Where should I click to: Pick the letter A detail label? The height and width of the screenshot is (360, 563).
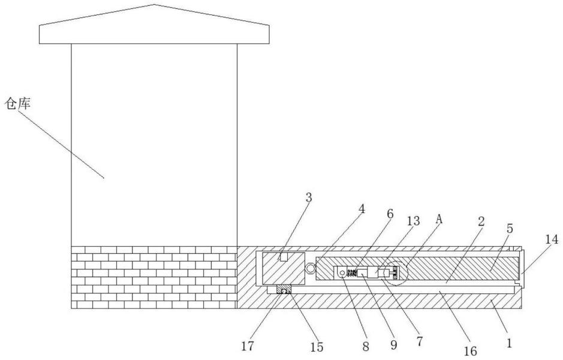[439, 220]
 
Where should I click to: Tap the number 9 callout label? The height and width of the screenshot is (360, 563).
[393, 345]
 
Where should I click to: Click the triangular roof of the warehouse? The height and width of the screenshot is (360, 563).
[154, 24]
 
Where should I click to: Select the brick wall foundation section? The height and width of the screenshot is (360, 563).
[154, 277]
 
